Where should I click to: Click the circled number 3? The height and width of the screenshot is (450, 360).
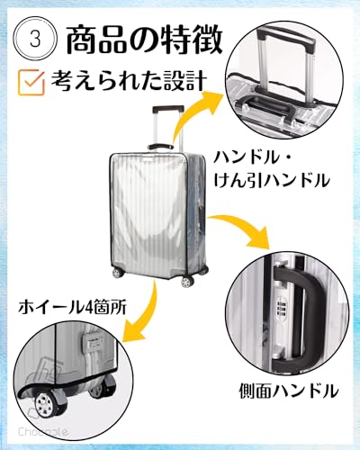click(36, 39)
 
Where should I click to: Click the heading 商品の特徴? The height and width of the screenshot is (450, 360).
click(144, 39)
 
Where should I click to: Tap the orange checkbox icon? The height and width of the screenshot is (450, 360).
click(32, 82)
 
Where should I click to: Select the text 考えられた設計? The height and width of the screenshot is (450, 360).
click(129, 80)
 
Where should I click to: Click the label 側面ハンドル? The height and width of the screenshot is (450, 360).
click(289, 391)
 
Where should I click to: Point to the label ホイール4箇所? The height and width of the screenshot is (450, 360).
click(72, 307)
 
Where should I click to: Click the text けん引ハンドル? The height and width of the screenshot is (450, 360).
click(272, 181)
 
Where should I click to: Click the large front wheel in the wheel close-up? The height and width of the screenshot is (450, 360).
click(46, 404)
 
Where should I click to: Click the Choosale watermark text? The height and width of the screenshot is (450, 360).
click(43, 432)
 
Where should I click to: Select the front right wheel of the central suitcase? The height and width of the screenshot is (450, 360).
click(186, 282)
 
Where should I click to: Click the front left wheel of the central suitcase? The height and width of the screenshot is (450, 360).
click(116, 273)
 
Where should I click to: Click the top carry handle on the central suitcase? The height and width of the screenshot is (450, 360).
click(161, 147)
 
